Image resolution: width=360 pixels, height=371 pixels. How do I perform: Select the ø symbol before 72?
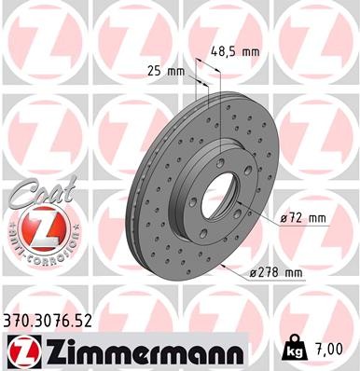pos(284,218)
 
